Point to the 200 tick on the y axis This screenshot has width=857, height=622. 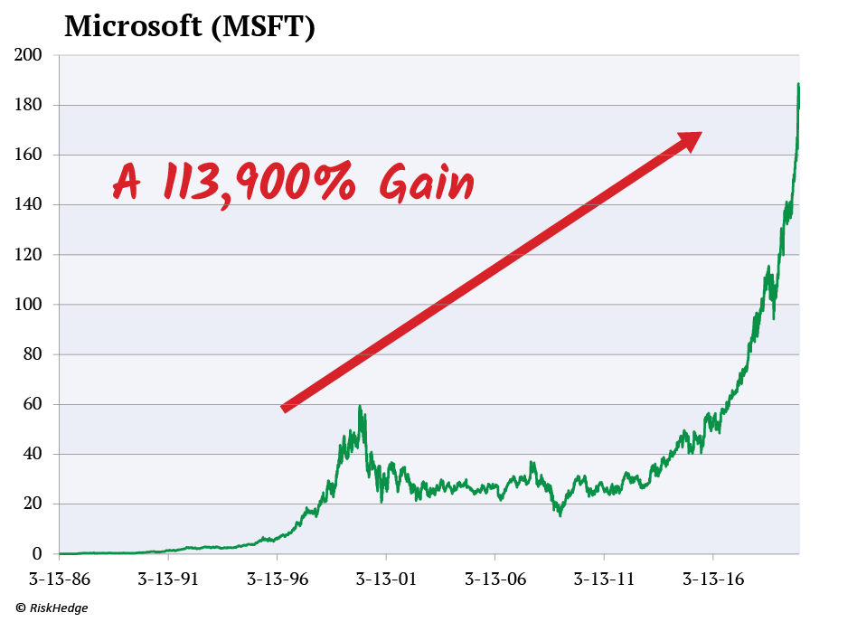pos(29,56)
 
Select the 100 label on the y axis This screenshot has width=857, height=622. pos(29,305)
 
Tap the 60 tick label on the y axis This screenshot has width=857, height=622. pos(33,404)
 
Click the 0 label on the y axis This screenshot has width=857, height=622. pos(38,553)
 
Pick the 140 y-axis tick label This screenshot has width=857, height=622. pos(29,205)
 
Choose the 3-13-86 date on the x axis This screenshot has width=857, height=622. pos(59,578)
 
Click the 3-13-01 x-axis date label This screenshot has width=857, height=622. pos(386,578)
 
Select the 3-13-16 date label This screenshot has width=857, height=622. pos(713,578)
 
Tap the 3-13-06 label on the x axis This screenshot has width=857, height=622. pos(495,578)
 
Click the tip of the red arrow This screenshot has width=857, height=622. pos(701,133)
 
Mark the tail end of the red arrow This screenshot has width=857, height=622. pos(284,410)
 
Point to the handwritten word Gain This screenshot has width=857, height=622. pos(427,184)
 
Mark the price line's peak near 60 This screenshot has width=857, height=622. pos(360,406)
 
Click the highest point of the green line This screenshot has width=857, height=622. pos(798,84)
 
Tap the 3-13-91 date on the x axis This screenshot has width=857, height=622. pos(168,578)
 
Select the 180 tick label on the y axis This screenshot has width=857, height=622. pos(29,106)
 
